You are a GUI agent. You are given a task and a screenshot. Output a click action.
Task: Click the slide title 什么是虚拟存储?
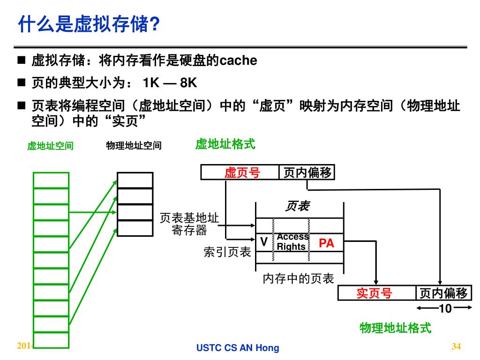tap(89, 24)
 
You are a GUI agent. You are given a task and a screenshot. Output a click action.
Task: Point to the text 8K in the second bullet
tap(188, 83)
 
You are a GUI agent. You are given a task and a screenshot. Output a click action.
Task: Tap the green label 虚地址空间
tap(50, 146)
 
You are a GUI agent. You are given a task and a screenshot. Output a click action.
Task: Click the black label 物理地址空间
tap(134, 146)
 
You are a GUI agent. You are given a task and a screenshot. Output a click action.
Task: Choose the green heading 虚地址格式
tap(225, 144)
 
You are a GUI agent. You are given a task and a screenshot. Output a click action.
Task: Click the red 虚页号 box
tap(241, 173)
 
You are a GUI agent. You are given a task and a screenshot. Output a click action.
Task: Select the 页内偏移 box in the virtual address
tap(307, 173)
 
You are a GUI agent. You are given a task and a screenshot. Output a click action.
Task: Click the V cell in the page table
tap(264, 242)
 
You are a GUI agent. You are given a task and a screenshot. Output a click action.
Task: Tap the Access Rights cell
tap(292, 242)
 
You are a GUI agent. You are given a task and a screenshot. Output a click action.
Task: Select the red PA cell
tap(326, 243)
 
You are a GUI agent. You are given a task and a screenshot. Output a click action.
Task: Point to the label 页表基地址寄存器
tap(189, 224)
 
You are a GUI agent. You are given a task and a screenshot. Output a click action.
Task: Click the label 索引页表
tap(227, 252)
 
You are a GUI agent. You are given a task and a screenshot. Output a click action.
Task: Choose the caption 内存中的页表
tap(298, 279)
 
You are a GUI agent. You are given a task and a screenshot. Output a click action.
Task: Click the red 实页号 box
tap(374, 293)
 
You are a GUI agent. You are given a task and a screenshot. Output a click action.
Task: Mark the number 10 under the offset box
tap(445, 308)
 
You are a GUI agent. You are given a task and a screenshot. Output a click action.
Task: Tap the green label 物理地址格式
tap(395, 328)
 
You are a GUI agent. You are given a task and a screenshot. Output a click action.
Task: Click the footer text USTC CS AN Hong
tap(238, 348)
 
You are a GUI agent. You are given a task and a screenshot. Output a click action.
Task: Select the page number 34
tap(456, 346)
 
